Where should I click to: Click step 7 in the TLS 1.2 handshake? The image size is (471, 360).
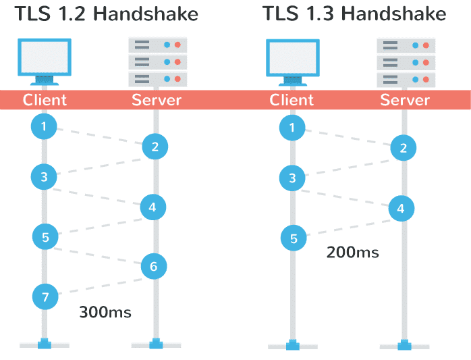[x=45, y=296]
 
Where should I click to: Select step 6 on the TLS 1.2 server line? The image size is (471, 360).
[x=154, y=267]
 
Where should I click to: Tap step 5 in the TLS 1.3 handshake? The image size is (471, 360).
[x=294, y=238]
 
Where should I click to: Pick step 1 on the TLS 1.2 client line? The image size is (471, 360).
[x=44, y=126]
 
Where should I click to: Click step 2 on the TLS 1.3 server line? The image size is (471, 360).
[x=403, y=149]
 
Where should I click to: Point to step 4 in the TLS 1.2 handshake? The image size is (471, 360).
[x=153, y=207]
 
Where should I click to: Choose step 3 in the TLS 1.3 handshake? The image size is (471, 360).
[x=292, y=178]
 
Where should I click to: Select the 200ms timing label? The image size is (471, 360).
[x=352, y=253]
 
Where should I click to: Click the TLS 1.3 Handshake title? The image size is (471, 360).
[x=354, y=14]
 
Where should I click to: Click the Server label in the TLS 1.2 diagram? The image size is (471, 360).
[x=157, y=100]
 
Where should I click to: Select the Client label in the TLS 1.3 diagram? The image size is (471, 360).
[x=292, y=100]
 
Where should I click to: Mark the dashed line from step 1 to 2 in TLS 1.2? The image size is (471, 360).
[x=99, y=136]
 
